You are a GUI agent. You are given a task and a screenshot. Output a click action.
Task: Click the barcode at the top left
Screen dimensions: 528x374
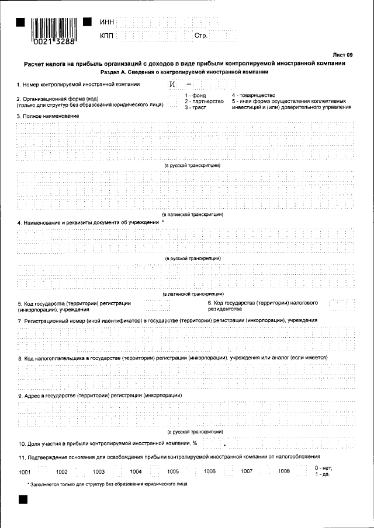(x=54, y=28)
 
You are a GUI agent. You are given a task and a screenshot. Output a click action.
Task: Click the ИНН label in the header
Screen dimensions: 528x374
(x=107, y=22)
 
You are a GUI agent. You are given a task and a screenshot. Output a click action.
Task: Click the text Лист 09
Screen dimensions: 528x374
(x=343, y=55)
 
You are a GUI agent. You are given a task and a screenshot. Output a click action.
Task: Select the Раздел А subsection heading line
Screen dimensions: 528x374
(x=184, y=72)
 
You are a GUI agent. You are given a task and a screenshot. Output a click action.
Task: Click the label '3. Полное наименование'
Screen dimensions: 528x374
(x=48, y=116)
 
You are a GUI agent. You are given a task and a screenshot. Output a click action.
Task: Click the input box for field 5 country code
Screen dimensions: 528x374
(x=156, y=306)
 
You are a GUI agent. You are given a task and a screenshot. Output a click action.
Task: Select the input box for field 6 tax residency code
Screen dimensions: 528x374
(x=341, y=306)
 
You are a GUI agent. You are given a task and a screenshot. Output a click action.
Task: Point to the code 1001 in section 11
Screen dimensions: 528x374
(x=25, y=471)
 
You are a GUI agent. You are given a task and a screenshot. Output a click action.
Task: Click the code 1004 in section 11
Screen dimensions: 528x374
(x=136, y=471)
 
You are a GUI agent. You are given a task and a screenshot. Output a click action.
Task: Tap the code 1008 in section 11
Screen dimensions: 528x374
(x=284, y=471)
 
